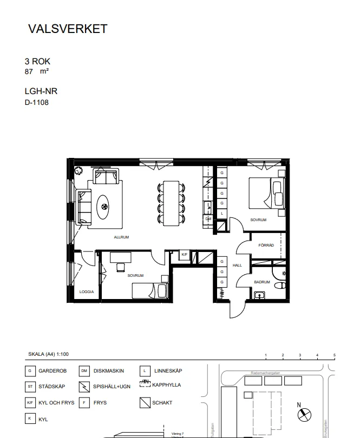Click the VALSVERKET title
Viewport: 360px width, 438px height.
[68, 29]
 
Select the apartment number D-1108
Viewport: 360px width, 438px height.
[37, 102]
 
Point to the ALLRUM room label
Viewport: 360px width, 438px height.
[121, 237]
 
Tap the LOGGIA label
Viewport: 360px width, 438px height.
[87, 291]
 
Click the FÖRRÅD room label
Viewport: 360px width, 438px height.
[266, 245]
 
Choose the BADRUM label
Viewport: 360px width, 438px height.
[262, 282]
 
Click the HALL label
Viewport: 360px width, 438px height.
[237, 266]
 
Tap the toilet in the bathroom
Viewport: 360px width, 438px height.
[279, 286]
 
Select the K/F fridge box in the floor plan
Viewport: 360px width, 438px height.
[184, 255]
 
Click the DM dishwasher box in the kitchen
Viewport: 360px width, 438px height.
[208, 218]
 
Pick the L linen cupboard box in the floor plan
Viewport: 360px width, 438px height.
[221, 214]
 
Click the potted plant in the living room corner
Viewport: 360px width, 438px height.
[78, 170]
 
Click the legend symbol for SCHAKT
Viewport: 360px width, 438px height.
[144, 402]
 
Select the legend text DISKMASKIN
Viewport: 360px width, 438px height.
[109, 371]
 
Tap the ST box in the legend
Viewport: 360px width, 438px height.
[30, 387]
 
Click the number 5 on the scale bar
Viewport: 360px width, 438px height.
[335, 355]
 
